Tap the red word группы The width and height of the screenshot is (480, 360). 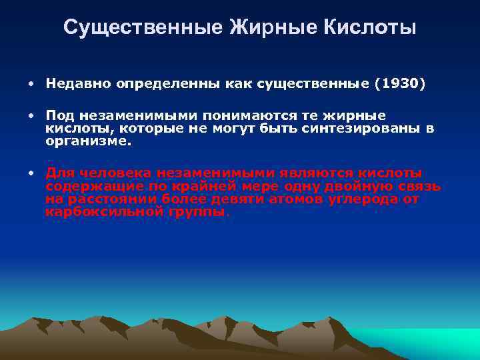[197, 211]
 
